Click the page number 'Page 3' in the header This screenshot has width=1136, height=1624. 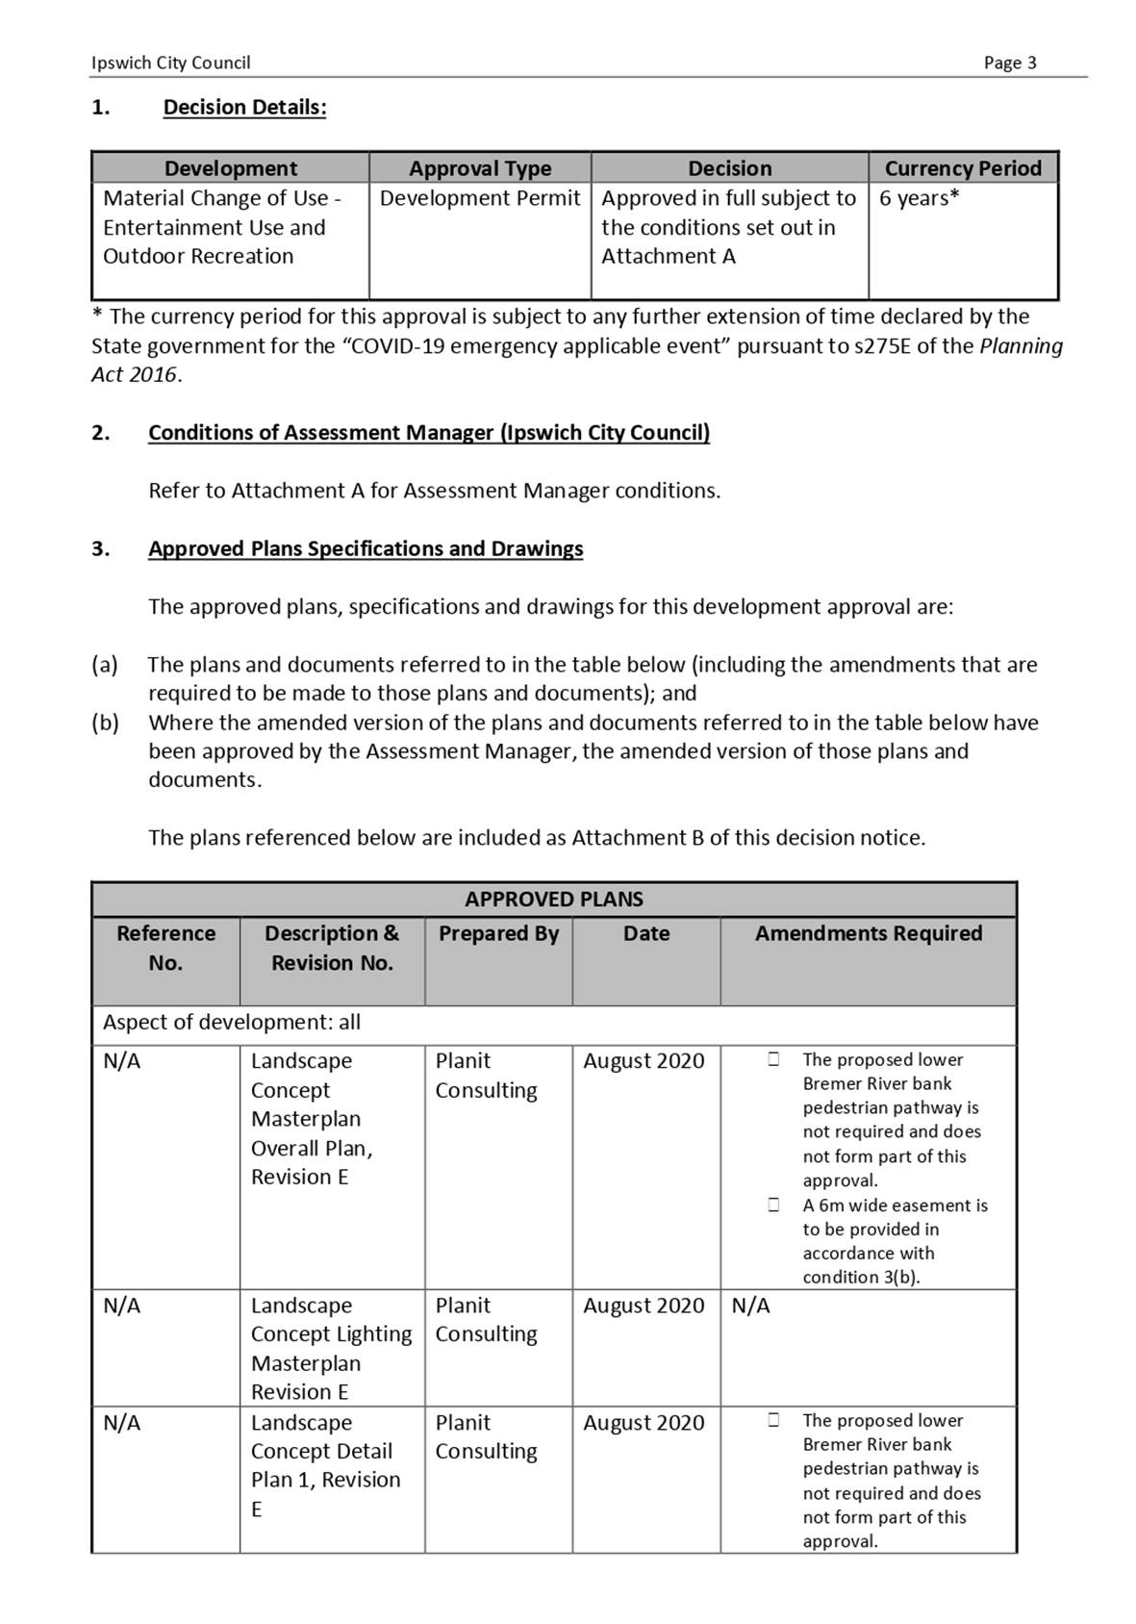click(1010, 63)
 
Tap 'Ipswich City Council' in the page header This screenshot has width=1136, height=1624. click(170, 63)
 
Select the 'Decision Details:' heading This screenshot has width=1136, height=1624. click(244, 108)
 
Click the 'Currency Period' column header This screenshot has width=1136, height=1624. click(963, 168)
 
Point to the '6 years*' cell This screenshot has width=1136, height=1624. click(919, 199)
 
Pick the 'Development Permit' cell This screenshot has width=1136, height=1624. click(480, 199)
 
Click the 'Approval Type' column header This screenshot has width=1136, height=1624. click(480, 168)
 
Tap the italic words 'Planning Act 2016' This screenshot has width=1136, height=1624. click(1021, 346)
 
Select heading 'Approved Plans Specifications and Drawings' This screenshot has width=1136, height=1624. click(366, 549)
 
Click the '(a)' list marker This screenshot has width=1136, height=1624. click(105, 665)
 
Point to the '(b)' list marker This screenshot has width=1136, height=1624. click(105, 723)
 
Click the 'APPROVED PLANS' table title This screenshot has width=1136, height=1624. click(554, 900)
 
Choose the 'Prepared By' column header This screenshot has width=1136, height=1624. click(498, 934)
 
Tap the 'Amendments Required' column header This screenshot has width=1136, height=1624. click(868, 934)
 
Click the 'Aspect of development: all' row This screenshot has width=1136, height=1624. click(232, 1023)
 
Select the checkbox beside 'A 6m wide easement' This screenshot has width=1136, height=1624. click(773, 1205)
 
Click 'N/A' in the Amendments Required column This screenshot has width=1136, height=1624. click(750, 1307)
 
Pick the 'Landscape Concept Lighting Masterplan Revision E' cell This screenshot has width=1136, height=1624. click(331, 1348)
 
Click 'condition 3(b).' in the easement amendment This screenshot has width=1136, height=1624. click(861, 1278)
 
